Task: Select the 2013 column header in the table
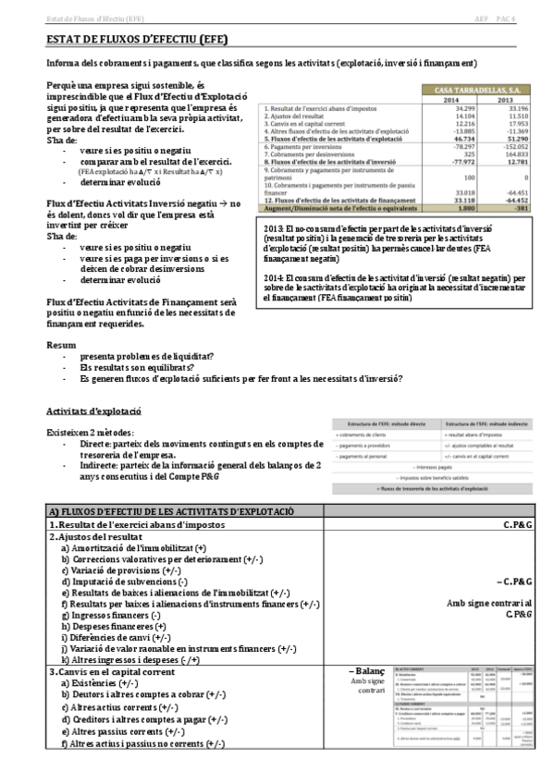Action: (x=506, y=100)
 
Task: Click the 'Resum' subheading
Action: (x=62, y=344)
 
